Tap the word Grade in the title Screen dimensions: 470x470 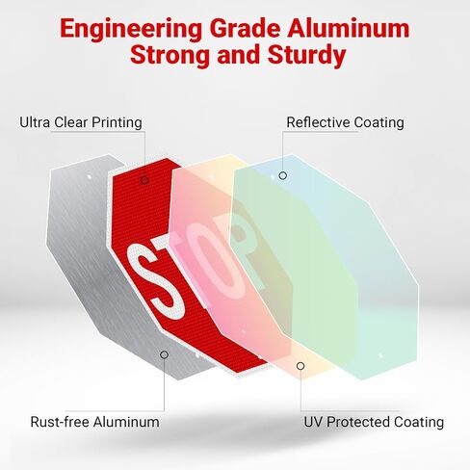(245, 29)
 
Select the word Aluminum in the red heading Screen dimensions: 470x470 (349, 29)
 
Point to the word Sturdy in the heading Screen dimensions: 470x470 (306, 56)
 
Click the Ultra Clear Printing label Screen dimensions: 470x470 (81, 122)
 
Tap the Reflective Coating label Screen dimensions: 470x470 (345, 122)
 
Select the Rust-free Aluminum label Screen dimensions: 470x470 (94, 422)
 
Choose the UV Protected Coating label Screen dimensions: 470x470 (374, 422)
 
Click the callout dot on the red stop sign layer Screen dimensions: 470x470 (144, 180)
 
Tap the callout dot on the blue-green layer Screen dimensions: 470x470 (283, 175)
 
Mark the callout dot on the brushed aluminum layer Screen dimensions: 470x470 (164, 354)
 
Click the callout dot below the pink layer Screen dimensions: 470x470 (300, 366)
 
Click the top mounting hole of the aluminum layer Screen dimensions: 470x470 (90, 177)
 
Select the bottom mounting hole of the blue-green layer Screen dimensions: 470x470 (380, 355)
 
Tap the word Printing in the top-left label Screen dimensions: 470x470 (117, 122)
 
